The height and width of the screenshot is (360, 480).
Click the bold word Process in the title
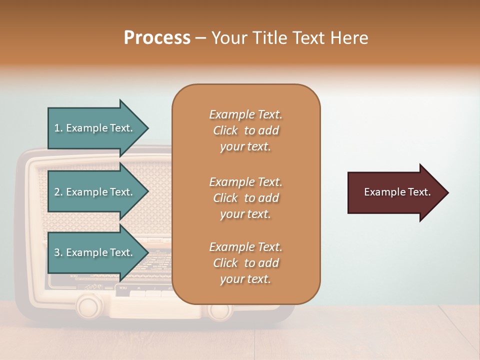tap(157, 37)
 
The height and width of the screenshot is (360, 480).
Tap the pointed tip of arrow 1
tap(147, 128)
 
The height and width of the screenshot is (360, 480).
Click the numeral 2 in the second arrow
tap(57, 192)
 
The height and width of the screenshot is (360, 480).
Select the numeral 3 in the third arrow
tap(57, 252)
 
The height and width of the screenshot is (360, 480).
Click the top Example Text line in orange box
tap(245, 114)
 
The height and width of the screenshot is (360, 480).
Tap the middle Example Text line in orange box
tap(245, 181)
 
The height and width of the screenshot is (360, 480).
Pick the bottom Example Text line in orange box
tap(245, 247)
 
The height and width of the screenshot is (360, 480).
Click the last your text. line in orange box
tap(245, 279)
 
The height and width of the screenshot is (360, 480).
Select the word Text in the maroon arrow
tap(419, 192)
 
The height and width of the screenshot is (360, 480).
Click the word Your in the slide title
tap(227, 37)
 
